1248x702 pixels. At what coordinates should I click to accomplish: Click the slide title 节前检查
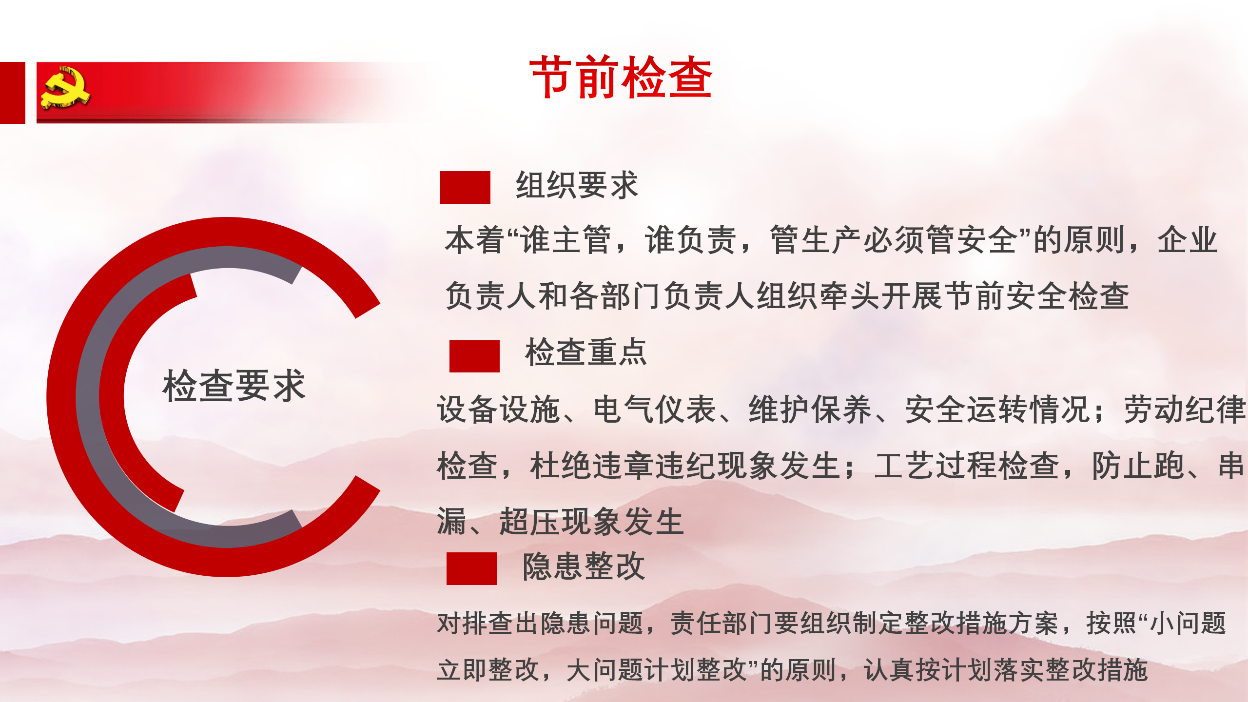tap(621, 77)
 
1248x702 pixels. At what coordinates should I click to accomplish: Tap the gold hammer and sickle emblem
tap(65, 88)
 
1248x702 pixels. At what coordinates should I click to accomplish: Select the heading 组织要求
tap(577, 185)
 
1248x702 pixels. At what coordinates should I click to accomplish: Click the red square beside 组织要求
tap(465, 187)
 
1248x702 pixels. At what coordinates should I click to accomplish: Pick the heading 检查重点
tap(586, 352)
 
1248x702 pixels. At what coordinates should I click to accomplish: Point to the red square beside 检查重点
tap(474, 356)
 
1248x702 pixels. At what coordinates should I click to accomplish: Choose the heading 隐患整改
tap(584, 566)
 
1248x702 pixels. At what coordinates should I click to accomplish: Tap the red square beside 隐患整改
tap(472, 568)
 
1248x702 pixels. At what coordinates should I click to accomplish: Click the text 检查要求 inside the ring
tap(234, 386)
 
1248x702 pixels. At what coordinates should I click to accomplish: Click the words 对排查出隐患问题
tap(540, 623)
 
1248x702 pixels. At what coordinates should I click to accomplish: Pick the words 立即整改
tap(488, 670)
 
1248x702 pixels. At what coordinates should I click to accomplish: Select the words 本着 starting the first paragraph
tap(474, 240)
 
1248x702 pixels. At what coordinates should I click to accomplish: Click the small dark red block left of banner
tap(12, 93)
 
